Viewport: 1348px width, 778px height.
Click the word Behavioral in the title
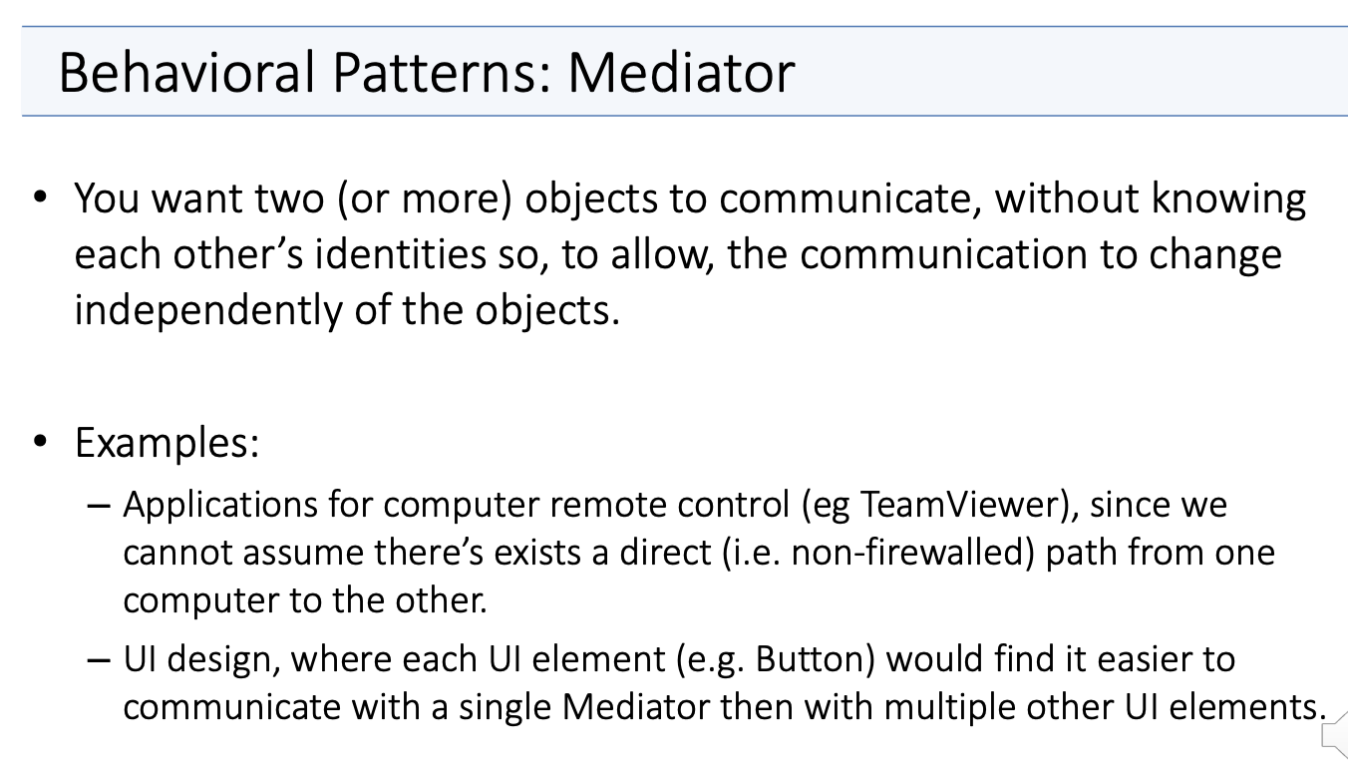click(x=186, y=72)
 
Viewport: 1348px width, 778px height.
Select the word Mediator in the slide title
click(x=681, y=72)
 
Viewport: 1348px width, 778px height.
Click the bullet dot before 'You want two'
click(x=40, y=196)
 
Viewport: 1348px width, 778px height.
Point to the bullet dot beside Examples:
click(x=40, y=441)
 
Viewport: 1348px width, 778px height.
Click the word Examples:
click(x=167, y=444)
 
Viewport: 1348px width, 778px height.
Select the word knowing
click(x=1228, y=199)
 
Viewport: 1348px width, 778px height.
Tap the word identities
click(x=400, y=254)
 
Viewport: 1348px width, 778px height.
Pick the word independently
click(x=208, y=312)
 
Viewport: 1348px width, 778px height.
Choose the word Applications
click(x=220, y=506)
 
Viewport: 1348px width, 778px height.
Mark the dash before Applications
click(x=99, y=506)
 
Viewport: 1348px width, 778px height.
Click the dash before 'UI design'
click(x=99, y=660)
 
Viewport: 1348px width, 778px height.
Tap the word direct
click(x=666, y=553)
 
